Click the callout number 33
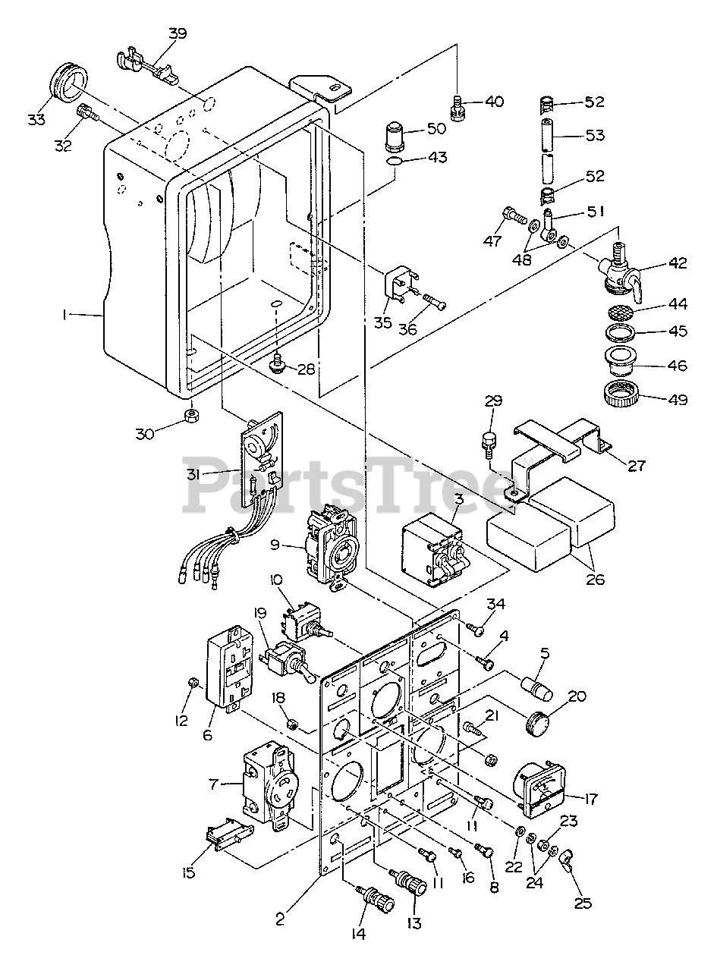[36, 119]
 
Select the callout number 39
[177, 33]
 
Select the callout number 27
[637, 466]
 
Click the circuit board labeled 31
[263, 459]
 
